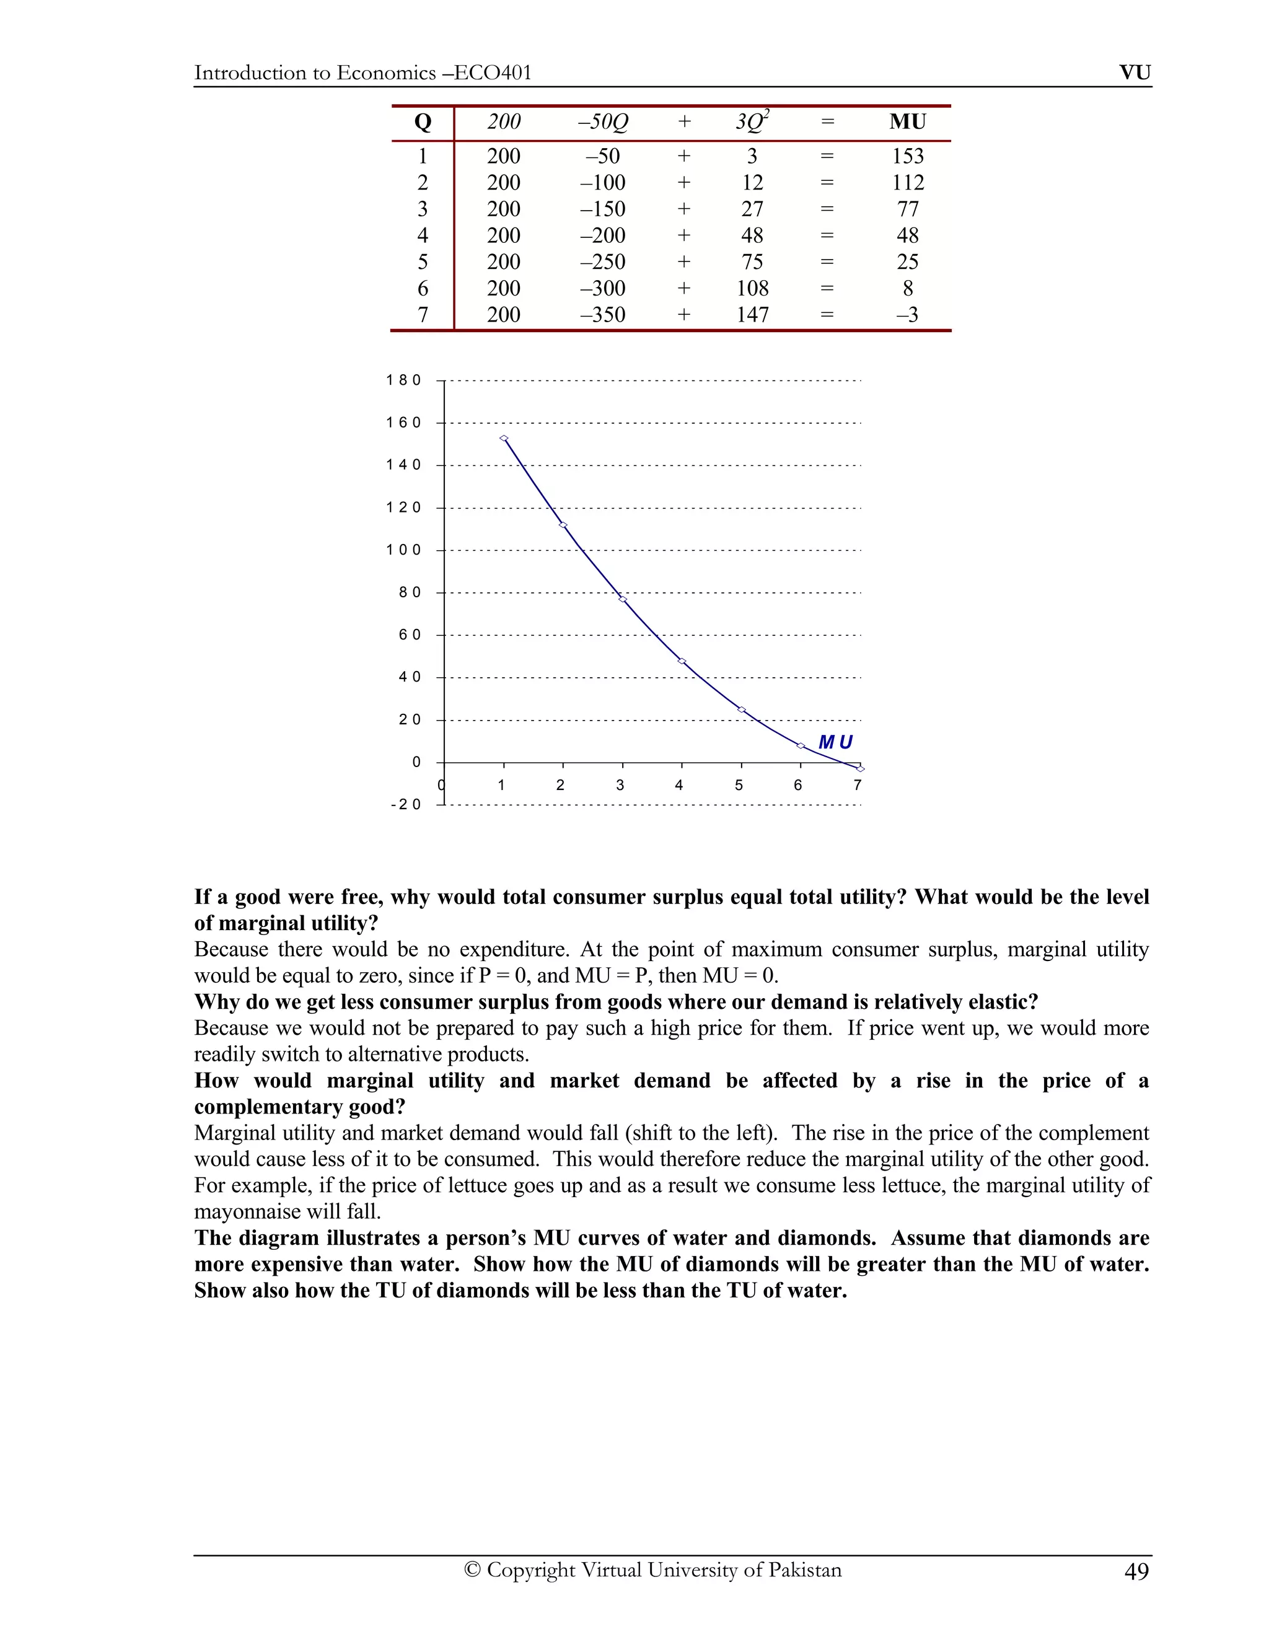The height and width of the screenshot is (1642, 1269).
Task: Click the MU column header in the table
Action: (x=907, y=122)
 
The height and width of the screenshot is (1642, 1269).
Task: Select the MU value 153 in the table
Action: (x=907, y=156)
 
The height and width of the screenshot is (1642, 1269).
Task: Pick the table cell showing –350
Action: (x=602, y=314)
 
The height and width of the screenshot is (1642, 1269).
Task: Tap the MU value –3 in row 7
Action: (x=907, y=314)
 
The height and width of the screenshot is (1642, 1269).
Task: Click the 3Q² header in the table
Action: (x=752, y=122)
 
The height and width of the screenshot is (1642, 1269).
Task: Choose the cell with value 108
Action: (x=752, y=288)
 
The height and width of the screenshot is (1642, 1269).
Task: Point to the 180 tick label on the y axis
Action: (x=404, y=380)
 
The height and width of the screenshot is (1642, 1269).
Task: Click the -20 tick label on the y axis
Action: (x=406, y=804)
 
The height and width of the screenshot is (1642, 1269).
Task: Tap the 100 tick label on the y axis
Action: (x=404, y=550)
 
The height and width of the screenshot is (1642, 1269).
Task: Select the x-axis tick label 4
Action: (x=679, y=786)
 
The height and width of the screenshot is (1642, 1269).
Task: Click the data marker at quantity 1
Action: (x=504, y=438)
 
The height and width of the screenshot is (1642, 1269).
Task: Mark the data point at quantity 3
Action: (x=623, y=599)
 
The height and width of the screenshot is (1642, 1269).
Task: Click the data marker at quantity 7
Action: (x=860, y=768)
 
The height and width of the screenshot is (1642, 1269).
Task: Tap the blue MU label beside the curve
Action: (x=835, y=742)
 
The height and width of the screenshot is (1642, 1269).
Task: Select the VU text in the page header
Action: (x=1135, y=73)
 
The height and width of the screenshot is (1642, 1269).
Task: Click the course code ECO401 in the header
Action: (x=493, y=73)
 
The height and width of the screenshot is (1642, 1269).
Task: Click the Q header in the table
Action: (x=423, y=122)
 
